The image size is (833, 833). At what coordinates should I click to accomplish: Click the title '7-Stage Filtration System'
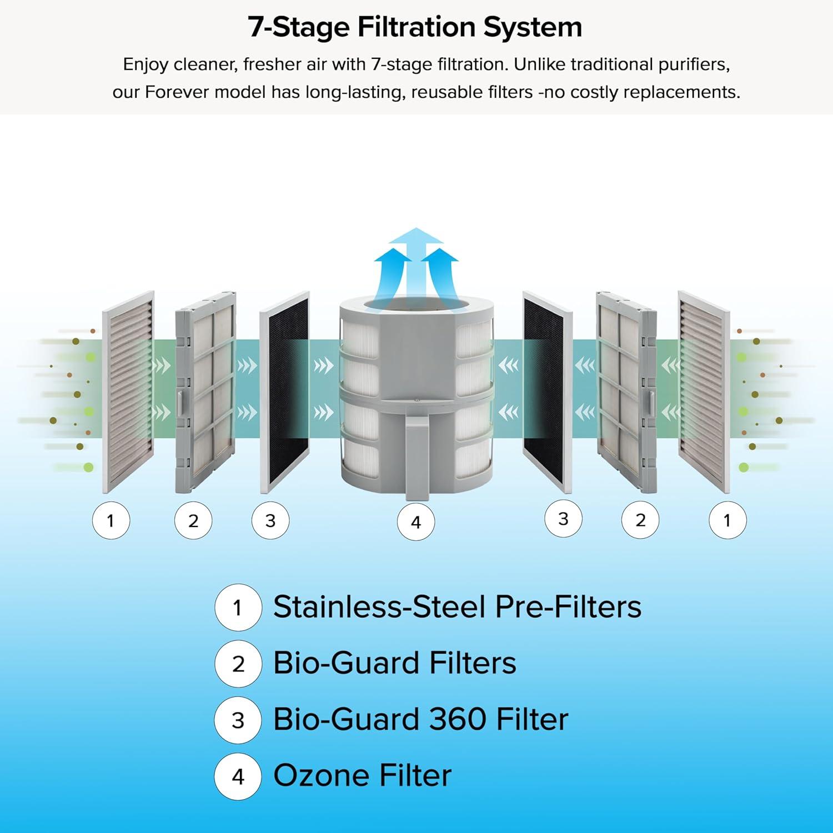[x=415, y=28]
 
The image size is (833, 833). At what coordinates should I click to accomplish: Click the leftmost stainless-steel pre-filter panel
[x=128, y=392]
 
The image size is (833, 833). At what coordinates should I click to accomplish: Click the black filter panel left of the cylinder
[x=284, y=392]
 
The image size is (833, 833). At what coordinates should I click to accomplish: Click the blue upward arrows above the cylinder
[x=416, y=261]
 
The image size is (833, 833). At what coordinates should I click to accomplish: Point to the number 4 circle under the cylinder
[x=416, y=522]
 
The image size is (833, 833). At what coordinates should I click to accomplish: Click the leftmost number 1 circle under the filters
[x=111, y=520]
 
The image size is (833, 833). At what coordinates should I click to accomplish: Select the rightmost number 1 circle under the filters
[x=727, y=520]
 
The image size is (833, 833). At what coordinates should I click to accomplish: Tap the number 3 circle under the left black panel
[x=270, y=520]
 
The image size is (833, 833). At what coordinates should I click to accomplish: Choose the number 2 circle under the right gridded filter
[x=640, y=520]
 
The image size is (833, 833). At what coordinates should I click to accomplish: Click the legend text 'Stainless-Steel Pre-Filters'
[x=457, y=606]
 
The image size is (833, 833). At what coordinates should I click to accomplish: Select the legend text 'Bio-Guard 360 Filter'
[x=420, y=719]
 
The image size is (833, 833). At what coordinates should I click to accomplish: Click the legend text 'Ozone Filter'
[x=362, y=776]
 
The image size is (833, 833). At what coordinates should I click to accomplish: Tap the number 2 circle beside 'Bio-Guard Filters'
[x=238, y=664]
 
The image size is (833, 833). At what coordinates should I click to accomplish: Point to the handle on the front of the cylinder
[x=418, y=458]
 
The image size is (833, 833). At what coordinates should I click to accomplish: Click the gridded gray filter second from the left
[x=205, y=392]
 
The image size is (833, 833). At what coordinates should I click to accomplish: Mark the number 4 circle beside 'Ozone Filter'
[x=238, y=776]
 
